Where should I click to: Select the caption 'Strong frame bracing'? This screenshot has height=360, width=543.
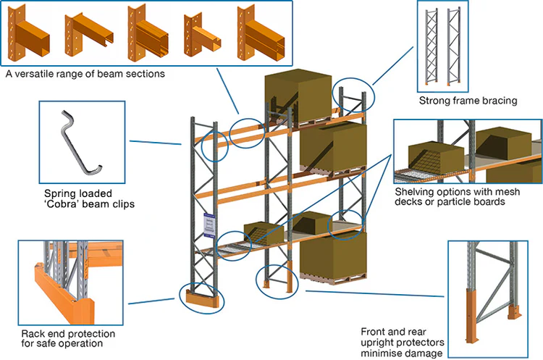[468, 101]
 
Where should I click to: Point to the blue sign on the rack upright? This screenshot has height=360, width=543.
[209, 225]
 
